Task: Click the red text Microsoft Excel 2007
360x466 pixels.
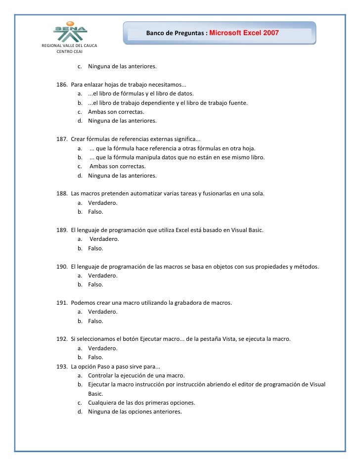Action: [x=244, y=33]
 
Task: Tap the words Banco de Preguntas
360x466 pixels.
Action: [x=176, y=34]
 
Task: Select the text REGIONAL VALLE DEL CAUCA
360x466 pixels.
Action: [x=69, y=46]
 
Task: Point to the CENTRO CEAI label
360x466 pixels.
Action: [x=70, y=51]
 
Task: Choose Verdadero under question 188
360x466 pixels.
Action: [x=103, y=203]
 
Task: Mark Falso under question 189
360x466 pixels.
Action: [x=96, y=248]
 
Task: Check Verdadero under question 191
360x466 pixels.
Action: [x=103, y=312]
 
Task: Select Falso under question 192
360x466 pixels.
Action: [x=96, y=357]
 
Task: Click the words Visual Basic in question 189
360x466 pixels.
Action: [x=246, y=230]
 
